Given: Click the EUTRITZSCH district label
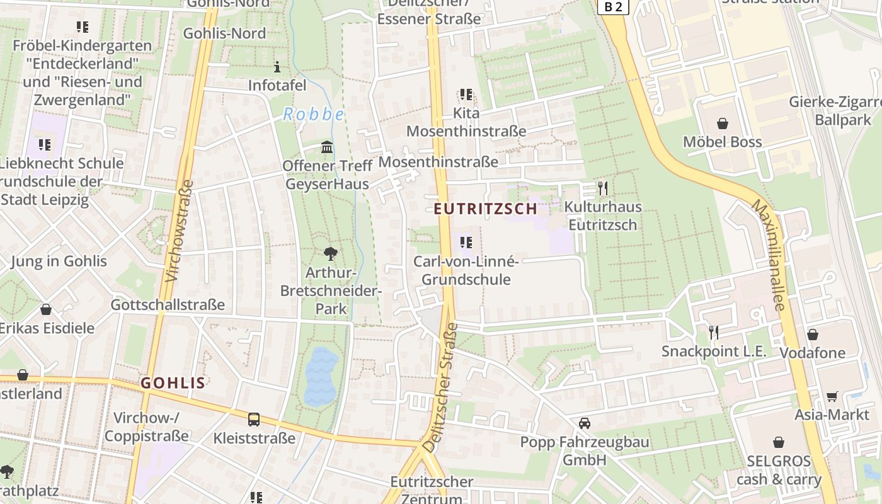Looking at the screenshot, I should [486, 209].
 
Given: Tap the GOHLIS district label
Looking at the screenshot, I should [173, 382].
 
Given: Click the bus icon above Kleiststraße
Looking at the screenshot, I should [253, 419].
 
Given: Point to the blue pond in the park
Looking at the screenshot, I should [321, 376].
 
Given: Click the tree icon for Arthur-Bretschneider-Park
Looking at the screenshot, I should [329, 254].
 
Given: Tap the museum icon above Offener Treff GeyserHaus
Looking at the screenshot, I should [326, 147].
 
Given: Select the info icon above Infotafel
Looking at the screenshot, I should [277, 67].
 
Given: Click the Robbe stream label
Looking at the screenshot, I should [313, 114].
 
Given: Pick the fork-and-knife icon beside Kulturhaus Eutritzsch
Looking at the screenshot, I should [603, 188].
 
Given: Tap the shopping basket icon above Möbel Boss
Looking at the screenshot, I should [722, 123].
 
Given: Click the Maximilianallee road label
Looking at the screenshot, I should [770, 255].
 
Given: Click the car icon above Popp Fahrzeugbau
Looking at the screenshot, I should [585, 423].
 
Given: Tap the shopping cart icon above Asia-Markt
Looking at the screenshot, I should [832, 396].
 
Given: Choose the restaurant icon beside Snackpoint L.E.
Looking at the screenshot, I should [713, 332].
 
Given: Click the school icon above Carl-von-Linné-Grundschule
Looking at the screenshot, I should [466, 242].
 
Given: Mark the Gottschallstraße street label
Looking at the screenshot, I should [168, 305].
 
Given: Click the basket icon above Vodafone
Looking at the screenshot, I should [813, 335].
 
